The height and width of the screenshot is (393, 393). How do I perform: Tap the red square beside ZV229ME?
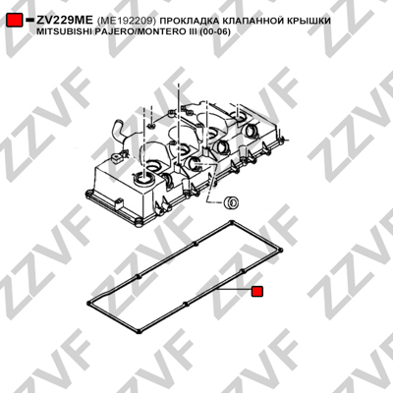click(15, 21)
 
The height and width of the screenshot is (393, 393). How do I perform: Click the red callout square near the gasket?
click(257, 291)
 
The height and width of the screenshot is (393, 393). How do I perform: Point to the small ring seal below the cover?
click(231, 202)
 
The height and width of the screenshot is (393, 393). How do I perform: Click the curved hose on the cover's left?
click(120, 132)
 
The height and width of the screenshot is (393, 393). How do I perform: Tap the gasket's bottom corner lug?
click(139, 331)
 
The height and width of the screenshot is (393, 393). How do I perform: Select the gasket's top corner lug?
click(232, 223)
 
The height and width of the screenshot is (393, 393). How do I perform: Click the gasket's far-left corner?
click(89, 303)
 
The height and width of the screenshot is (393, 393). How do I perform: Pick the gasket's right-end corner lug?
click(281, 251)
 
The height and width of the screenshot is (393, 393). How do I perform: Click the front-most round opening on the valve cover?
click(143, 179)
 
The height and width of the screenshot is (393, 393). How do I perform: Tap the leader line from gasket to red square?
click(235, 290)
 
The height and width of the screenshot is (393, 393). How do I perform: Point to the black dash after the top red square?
click(29, 21)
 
